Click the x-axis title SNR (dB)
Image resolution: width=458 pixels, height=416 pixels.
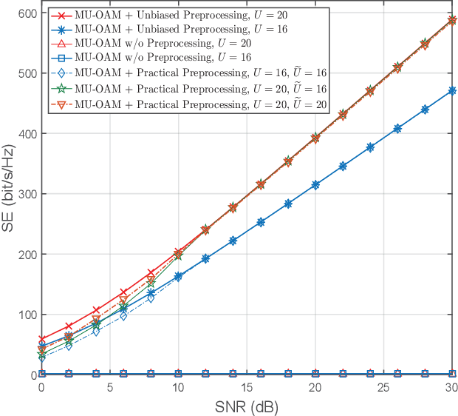[x=247, y=407]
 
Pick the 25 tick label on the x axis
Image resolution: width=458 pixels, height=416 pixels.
[x=383, y=388]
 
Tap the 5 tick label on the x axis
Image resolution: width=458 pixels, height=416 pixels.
[x=110, y=388]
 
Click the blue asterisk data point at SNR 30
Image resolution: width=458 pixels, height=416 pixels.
[x=452, y=90]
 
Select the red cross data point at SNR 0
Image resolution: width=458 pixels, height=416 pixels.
[x=41, y=339]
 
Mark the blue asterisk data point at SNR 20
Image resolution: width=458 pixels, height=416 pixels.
[x=315, y=184]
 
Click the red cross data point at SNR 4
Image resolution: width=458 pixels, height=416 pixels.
[x=96, y=310]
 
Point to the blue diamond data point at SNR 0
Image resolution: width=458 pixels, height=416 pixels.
[x=41, y=358]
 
